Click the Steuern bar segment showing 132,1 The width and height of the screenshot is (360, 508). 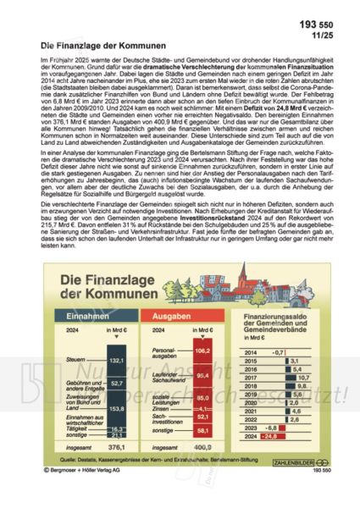point(116,360)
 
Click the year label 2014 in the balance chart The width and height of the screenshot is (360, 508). point(251,351)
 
